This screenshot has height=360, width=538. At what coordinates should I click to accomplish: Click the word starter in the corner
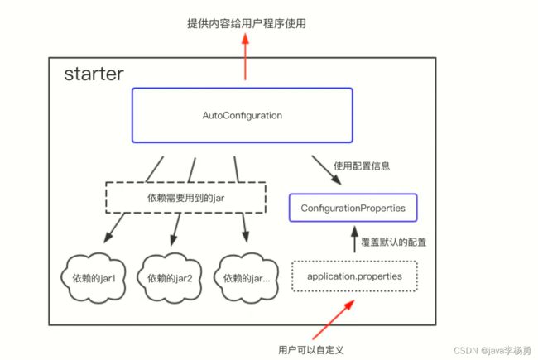[x=94, y=74]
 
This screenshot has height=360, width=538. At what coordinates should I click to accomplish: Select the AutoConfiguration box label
[x=243, y=115]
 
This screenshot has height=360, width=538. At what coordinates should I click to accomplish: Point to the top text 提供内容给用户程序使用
[x=247, y=23]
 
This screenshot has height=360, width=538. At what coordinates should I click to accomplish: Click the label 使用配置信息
[x=362, y=166]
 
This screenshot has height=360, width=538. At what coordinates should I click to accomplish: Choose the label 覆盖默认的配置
[x=393, y=242]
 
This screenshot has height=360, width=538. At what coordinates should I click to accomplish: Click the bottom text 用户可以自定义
[x=310, y=350]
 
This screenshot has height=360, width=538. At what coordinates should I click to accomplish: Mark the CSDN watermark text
[x=492, y=350]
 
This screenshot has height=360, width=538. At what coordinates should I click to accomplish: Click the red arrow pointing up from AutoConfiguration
[x=245, y=56]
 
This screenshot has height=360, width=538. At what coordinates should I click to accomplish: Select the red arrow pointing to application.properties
[x=334, y=319]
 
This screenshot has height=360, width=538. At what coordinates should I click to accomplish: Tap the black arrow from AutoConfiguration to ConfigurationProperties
[x=326, y=170]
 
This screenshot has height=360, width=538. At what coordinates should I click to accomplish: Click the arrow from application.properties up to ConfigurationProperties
[x=355, y=239]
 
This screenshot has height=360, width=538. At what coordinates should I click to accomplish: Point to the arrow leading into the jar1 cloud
[x=114, y=228]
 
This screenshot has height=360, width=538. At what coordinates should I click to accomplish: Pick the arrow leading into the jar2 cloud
[x=175, y=229]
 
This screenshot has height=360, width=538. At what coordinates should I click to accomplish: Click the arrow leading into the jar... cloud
[x=245, y=228]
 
